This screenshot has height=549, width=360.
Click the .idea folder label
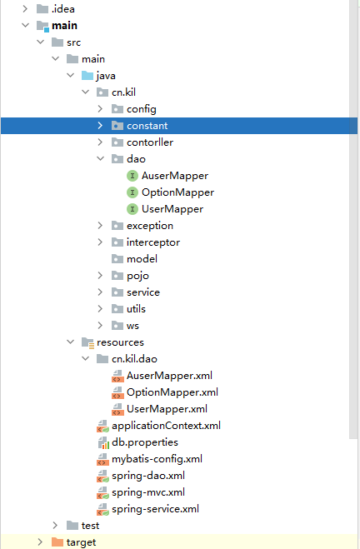[x=63, y=9]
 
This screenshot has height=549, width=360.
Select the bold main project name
[x=64, y=26]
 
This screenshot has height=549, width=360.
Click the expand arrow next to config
[x=100, y=109]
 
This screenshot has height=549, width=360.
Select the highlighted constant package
[x=147, y=126]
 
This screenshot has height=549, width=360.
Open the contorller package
[x=150, y=142]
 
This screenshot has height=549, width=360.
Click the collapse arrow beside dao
[x=101, y=158]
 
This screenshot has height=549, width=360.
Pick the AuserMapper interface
[x=175, y=176]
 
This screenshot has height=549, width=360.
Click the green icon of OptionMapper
[x=132, y=192]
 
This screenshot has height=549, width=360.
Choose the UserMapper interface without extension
[x=172, y=209]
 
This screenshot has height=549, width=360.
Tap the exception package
[x=150, y=226]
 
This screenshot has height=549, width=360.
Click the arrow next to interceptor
[x=100, y=242]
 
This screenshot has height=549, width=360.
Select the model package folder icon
[x=117, y=259]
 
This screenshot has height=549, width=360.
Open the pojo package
[x=137, y=276]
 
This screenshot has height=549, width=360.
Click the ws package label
[x=132, y=326]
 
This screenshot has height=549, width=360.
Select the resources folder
[x=120, y=342]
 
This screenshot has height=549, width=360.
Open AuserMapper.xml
[x=169, y=376]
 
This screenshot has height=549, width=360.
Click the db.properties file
[x=145, y=442]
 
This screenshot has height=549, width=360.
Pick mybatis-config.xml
[x=157, y=459]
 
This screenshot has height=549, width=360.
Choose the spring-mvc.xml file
[x=148, y=492]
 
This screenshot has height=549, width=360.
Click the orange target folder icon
[x=57, y=542]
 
